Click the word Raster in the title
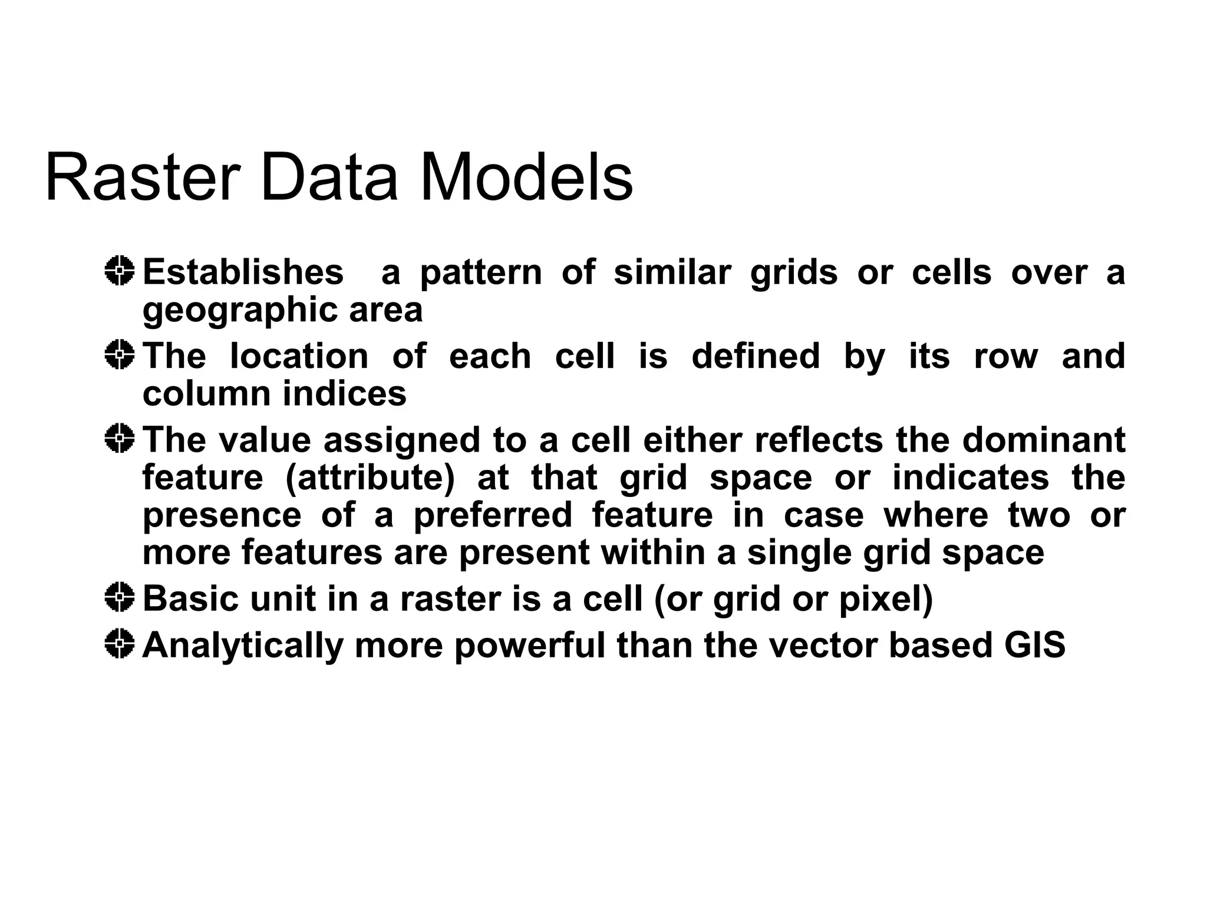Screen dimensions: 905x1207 (x=143, y=177)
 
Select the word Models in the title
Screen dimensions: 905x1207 (x=526, y=177)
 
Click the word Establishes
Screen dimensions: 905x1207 (x=243, y=272)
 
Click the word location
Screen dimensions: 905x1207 (x=299, y=356)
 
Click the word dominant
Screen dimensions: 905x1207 (x=1043, y=440)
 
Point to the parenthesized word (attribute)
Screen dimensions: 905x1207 (x=370, y=478)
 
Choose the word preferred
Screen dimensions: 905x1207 (x=493, y=515)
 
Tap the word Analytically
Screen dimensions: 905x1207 (x=243, y=646)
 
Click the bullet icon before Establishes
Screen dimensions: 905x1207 (x=120, y=271)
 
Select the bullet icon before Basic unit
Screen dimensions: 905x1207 (x=120, y=598)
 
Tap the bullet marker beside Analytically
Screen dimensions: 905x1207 (x=120, y=644)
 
